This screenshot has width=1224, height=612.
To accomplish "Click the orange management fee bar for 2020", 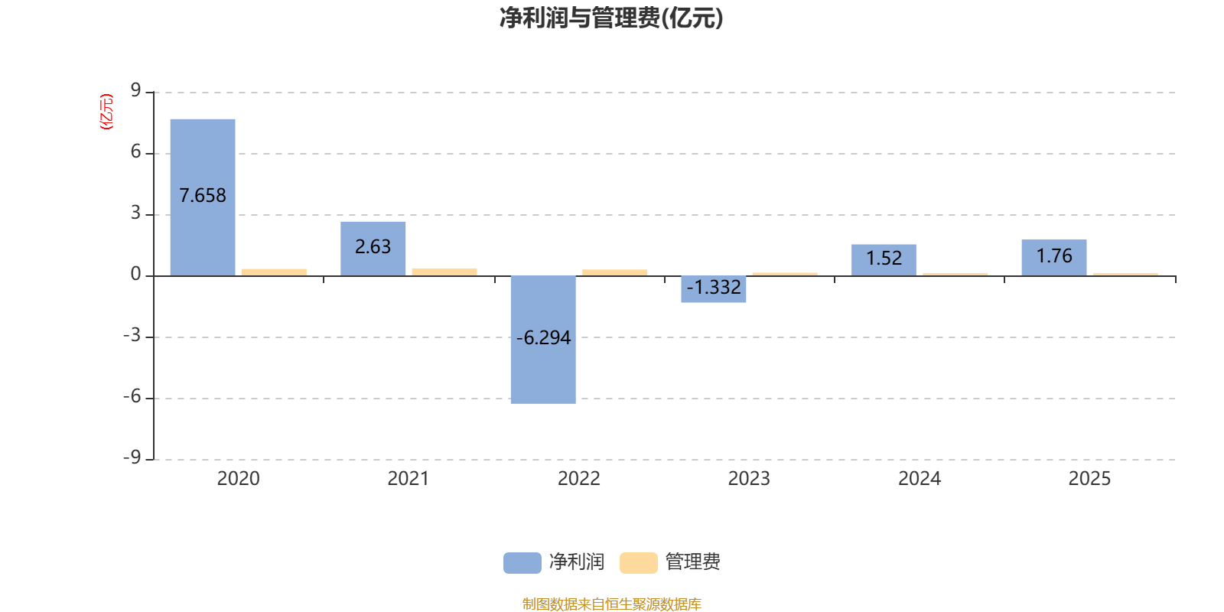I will pos(274,272).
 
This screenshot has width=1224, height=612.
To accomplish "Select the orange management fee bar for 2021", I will pos(444,271).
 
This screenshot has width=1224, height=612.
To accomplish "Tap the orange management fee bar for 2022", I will pos(614,272).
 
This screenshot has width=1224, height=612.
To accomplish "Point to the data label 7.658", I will pos(203,196).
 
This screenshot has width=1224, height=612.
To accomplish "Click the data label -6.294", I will pos(543,338).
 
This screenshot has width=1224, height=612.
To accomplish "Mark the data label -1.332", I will pos(714,288).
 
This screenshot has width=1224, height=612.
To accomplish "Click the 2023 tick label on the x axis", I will pos(749,479).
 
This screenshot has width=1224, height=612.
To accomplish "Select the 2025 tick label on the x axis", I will pos(1089,479).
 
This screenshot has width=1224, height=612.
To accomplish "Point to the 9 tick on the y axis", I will pos(136,91).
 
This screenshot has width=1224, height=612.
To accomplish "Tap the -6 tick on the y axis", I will pos(132,396).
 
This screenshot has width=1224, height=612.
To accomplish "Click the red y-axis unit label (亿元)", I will pos(106,112).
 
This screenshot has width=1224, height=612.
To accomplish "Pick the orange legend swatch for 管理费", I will pos(638,563).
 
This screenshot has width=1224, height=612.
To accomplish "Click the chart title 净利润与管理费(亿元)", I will pos(611,18).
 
